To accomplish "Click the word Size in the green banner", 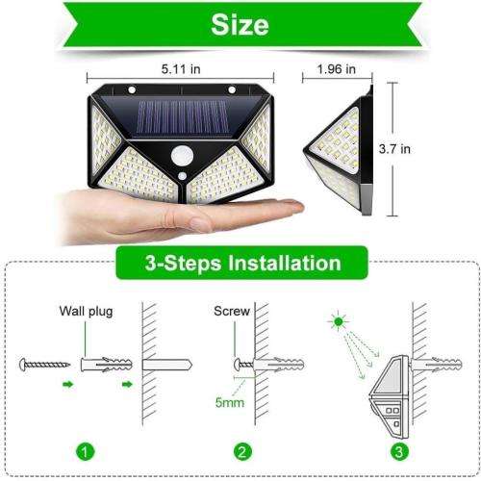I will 240,24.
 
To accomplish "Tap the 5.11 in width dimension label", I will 183,69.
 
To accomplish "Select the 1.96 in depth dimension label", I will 338,69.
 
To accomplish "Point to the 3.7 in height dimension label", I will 419,149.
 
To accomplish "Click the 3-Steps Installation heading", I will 240,262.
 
